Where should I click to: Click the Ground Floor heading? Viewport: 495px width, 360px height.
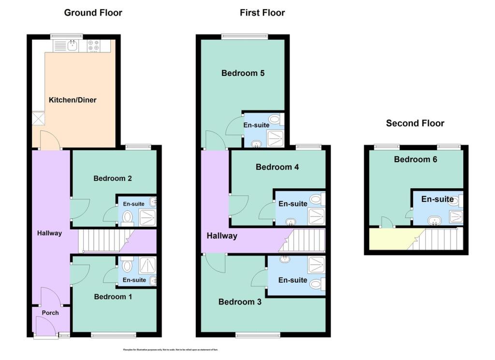(x=93, y=13)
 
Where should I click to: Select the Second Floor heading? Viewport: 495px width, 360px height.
(x=415, y=123)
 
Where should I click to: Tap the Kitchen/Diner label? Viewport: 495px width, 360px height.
(x=73, y=100)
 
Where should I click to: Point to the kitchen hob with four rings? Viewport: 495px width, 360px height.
(x=93, y=45)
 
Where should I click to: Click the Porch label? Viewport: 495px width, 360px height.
(x=50, y=313)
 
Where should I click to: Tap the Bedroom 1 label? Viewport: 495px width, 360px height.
(x=113, y=297)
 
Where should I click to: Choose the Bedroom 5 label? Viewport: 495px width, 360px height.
(x=243, y=74)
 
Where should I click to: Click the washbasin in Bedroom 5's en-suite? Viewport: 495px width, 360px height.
(x=256, y=143)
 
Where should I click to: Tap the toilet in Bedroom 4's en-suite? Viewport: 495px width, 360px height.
(x=316, y=198)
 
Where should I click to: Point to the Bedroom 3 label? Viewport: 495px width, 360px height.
(x=240, y=302)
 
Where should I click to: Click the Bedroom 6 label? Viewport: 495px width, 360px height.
(x=415, y=159)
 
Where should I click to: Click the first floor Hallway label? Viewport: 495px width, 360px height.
(x=222, y=236)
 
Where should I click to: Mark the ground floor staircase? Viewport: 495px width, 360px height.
(x=104, y=240)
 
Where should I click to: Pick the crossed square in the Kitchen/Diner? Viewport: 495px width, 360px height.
(x=38, y=118)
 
